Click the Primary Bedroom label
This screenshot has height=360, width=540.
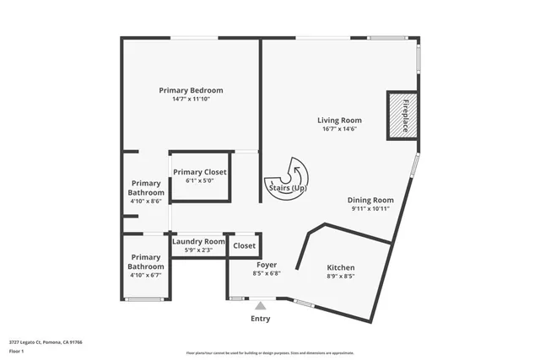click(191, 90)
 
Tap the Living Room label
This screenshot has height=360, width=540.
click(339, 120)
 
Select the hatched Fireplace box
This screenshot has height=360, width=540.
click(402, 114)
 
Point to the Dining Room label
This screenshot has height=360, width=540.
click(370, 200)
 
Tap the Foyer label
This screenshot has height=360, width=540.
click(267, 265)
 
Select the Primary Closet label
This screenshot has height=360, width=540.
click(200, 172)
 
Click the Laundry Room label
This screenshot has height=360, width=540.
click(198, 241)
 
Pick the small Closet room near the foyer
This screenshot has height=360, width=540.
click(244, 245)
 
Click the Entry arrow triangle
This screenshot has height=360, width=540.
click(261, 305)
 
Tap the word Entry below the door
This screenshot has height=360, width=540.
click(261, 319)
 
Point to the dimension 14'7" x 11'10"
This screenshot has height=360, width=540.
click(191, 99)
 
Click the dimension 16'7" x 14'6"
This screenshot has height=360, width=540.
click(339, 129)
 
